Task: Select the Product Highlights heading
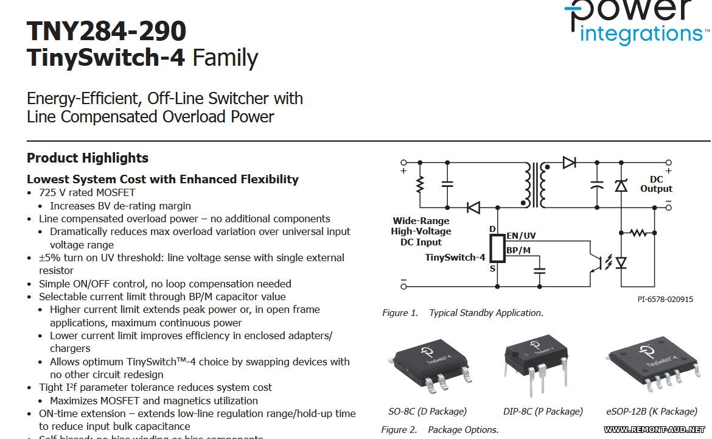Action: tap(88, 158)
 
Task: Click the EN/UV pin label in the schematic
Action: tap(521, 236)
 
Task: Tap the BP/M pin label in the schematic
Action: tap(518, 250)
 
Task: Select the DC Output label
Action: tap(656, 184)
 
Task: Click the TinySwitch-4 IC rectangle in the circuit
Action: tap(497, 249)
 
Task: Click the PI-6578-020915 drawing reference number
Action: tap(665, 300)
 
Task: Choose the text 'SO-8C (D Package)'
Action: tap(427, 411)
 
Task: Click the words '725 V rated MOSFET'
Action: tap(87, 192)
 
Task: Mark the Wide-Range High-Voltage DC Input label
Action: tap(421, 231)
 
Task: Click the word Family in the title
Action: tap(226, 58)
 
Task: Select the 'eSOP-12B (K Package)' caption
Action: tap(652, 411)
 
